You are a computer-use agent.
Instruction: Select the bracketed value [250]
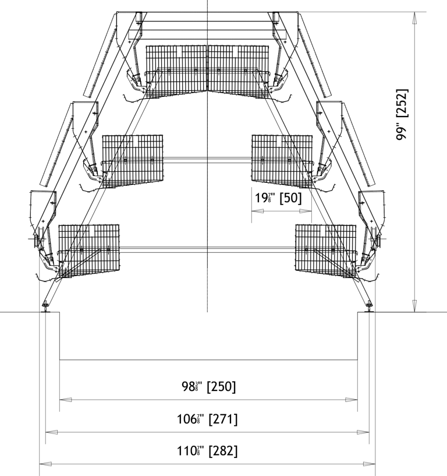click(221, 387)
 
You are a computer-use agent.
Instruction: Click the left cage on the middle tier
click(133, 158)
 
